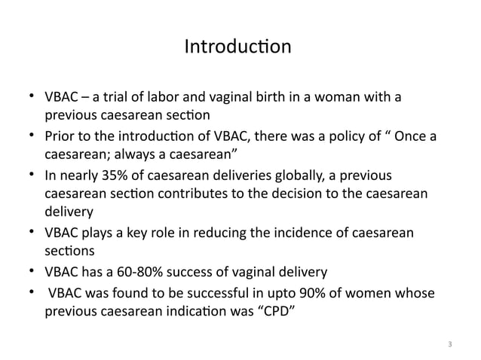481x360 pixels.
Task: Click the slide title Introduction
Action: coord(237,47)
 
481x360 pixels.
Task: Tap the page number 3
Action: coord(449,345)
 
